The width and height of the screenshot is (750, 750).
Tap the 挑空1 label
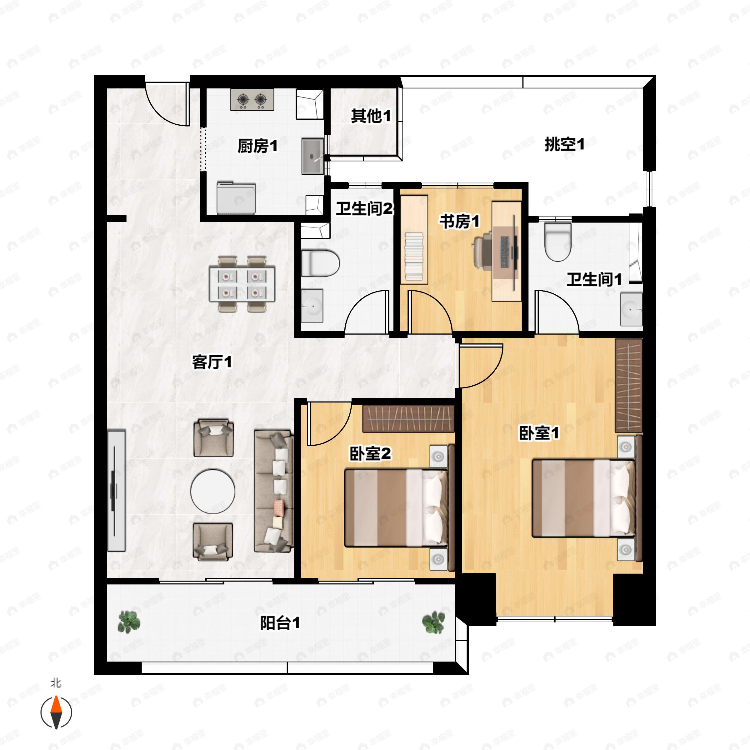[564, 144]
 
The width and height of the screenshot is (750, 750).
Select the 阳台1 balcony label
[279, 623]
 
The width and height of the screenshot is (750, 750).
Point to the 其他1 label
[370, 116]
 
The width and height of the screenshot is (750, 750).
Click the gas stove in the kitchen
[252, 100]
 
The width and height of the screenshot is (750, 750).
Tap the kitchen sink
[312, 156]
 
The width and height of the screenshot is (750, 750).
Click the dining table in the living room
[242, 284]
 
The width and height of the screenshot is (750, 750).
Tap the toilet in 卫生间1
[558, 242]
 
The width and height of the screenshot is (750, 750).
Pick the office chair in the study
[482, 250]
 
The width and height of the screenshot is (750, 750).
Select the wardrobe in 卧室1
[628, 386]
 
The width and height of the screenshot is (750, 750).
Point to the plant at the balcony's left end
[129, 622]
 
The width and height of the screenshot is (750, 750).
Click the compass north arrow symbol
[56, 712]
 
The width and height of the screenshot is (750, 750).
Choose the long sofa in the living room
[273, 491]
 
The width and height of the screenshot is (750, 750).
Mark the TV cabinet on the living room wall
[116, 490]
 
